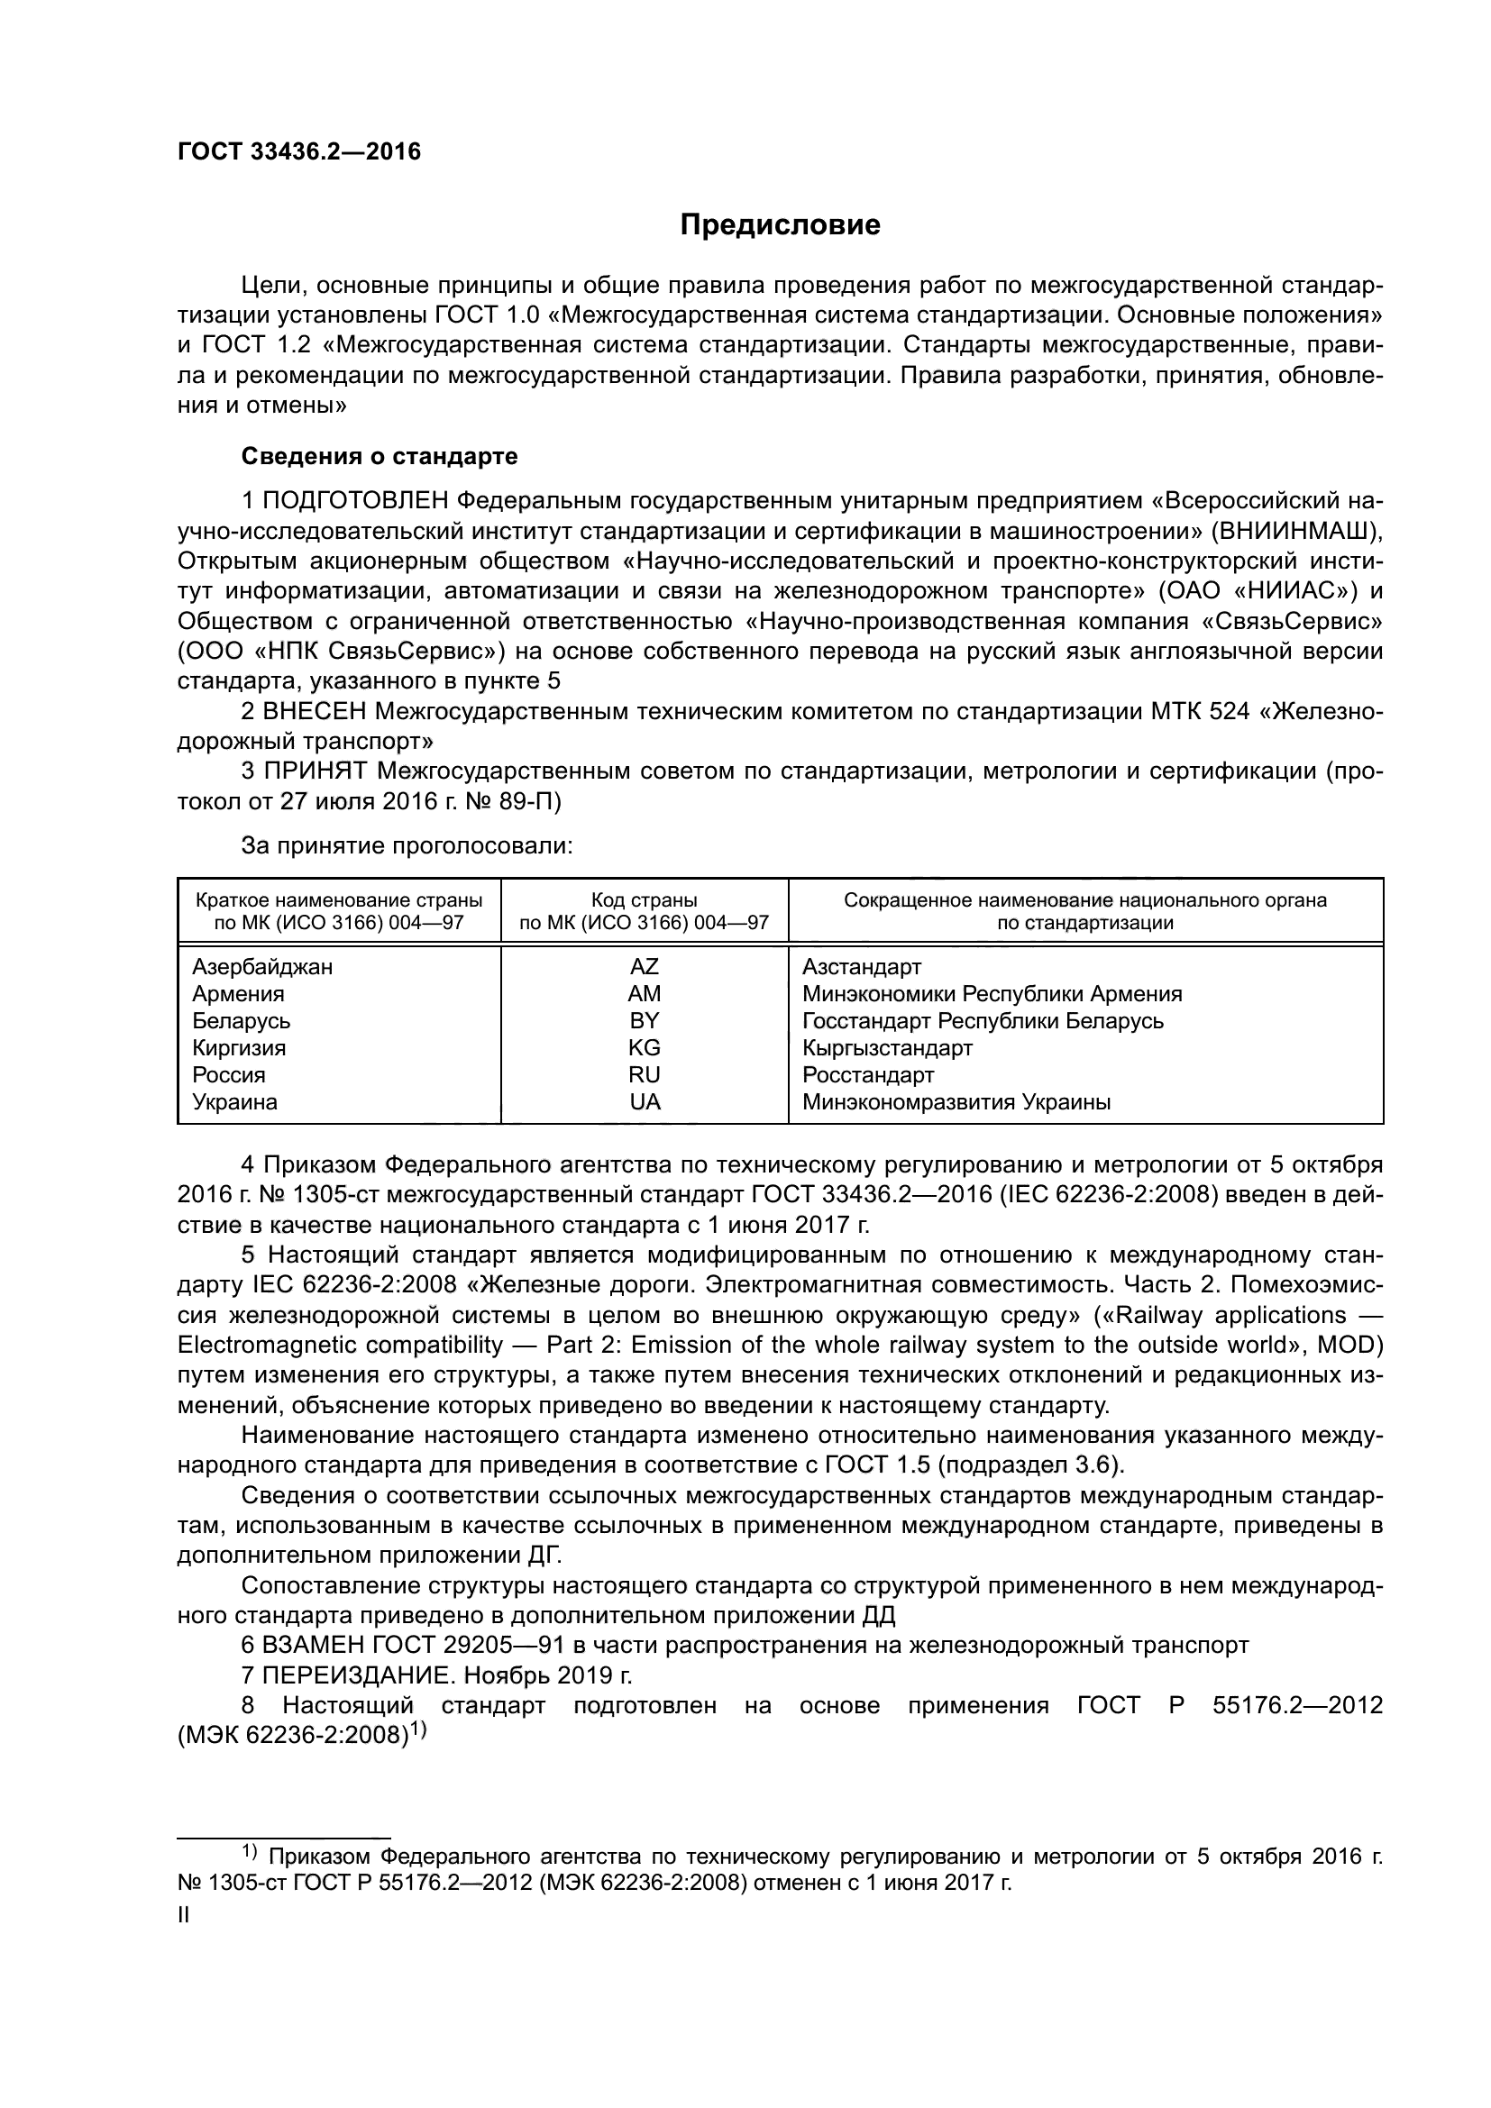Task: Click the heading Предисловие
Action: click(x=780, y=225)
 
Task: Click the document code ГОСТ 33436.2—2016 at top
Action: click(x=299, y=151)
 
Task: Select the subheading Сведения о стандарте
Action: click(x=380, y=456)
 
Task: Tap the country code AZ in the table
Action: click(x=644, y=967)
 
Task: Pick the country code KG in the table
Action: click(x=644, y=1047)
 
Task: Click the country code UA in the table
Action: click(x=645, y=1101)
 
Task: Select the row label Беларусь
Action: click(x=242, y=1021)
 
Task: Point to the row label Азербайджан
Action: click(x=262, y=967)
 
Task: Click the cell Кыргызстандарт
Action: click(x=887, y=1047)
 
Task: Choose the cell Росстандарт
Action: click(x=867, y=1075)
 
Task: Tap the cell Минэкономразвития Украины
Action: click(x=956, y=1101)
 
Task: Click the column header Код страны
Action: click(x=644, y=899)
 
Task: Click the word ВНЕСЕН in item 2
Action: click(x=315, y=712)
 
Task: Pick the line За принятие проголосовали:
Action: click(x=407, y=845)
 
